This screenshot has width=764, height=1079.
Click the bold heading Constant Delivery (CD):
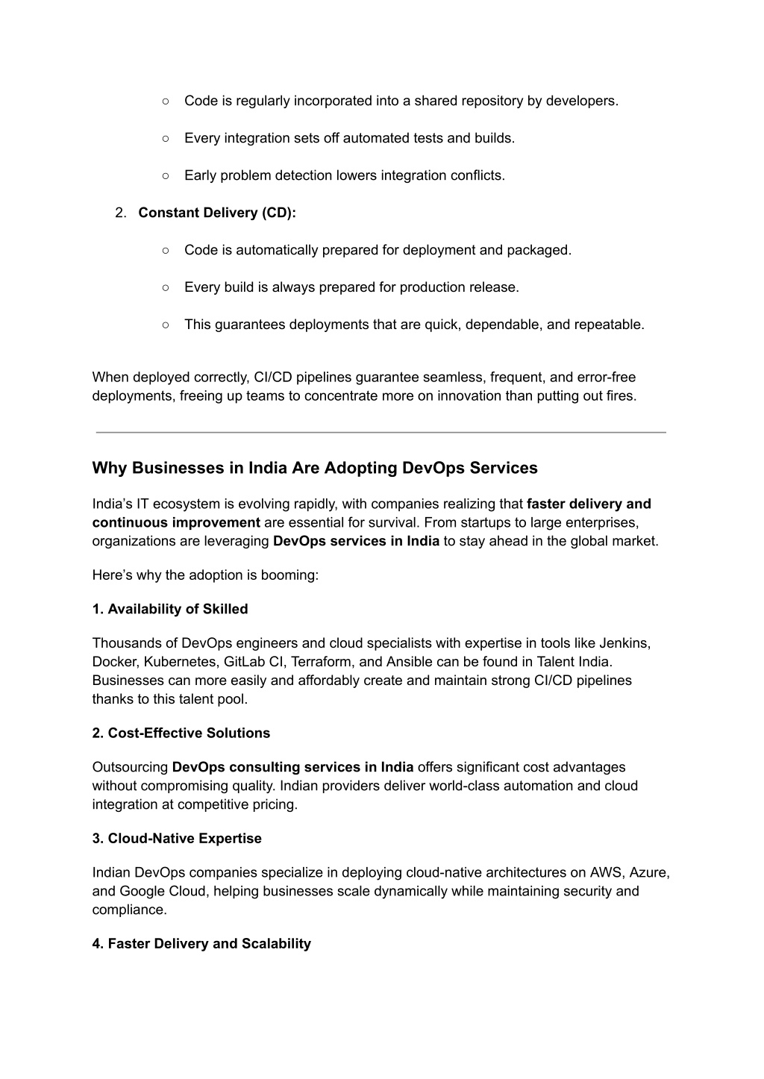217,213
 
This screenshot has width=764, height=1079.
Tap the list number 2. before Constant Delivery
122,213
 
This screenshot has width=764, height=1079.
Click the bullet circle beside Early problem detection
165,175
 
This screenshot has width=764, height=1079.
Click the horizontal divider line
381,432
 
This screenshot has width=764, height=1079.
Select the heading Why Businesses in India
314,468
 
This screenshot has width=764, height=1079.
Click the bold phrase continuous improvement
176,522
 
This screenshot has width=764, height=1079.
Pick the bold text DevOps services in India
356,541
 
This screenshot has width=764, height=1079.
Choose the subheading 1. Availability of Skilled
170,609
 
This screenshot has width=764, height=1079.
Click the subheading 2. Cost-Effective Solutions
181,733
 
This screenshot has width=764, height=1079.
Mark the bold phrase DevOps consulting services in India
292,767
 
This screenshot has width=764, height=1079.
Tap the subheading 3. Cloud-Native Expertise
177,838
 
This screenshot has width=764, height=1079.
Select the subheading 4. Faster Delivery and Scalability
201,943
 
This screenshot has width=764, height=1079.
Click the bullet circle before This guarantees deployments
165,325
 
